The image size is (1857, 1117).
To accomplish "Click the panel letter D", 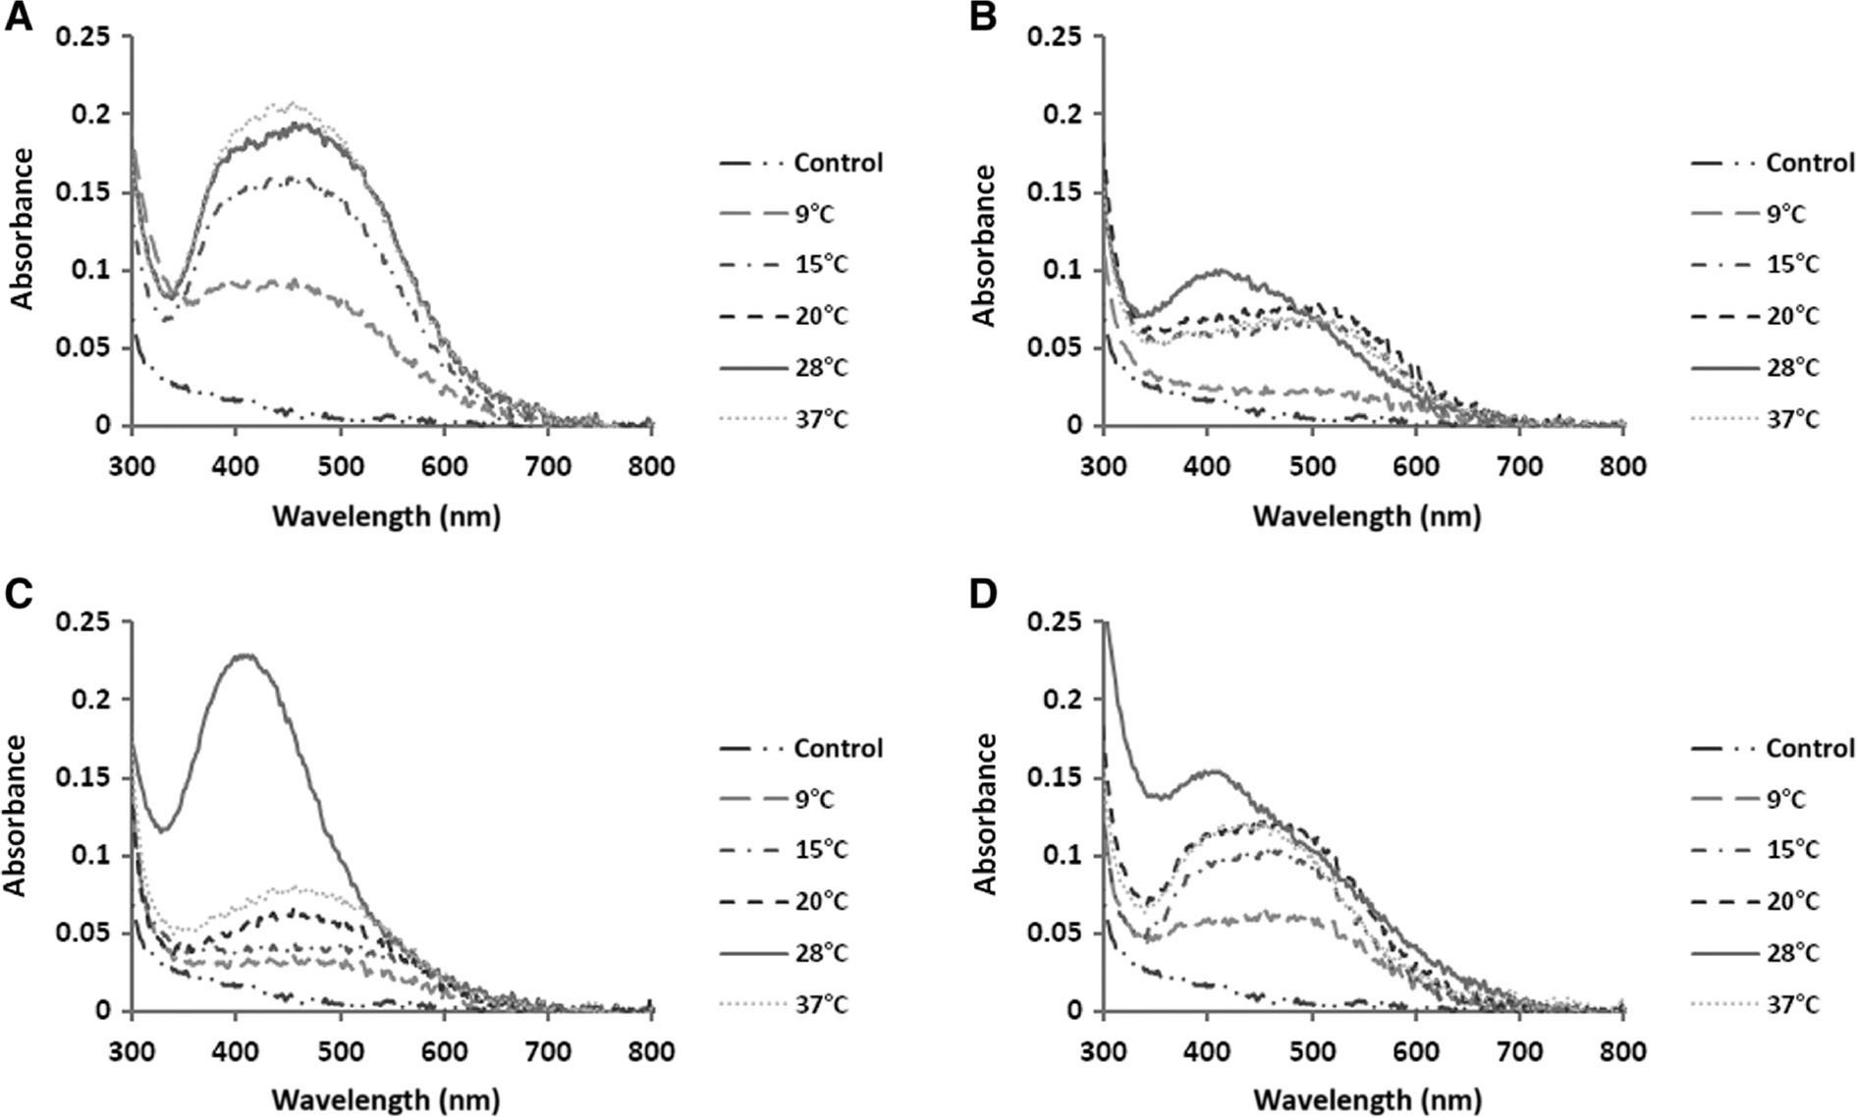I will (x=983, y=597).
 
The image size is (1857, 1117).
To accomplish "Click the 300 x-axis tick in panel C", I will (x=132, y=1051).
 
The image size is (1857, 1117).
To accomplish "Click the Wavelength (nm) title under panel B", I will (x=1366, y=515).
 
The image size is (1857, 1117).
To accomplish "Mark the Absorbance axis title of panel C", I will (x=17, y=815).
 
